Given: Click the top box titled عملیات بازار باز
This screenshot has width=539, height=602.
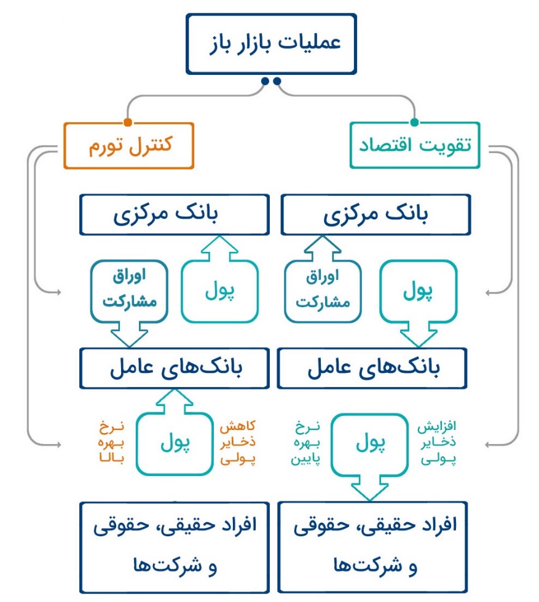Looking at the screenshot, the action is click(x=271, y=44).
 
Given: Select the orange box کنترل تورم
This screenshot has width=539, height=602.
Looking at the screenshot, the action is click(x=128, y=146).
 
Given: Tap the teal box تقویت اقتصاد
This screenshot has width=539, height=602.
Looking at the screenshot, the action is click(x=415, y=145).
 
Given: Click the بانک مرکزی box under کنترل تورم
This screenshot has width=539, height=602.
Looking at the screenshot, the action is click(x=175, y=214).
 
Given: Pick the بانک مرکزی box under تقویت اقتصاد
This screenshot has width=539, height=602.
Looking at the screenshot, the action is click(x=376, y=214).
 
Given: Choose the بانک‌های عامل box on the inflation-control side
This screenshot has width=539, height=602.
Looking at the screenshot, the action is click(x=175, y=368).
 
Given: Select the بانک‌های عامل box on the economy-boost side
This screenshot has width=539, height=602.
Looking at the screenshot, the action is click(x=372, y=368).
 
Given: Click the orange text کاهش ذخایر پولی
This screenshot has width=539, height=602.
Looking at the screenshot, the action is click(x=237, y=442).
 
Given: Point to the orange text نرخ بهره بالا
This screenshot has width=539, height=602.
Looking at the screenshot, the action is click(x=111, y=442).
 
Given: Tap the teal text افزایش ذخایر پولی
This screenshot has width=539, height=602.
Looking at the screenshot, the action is click(x=437, y=442).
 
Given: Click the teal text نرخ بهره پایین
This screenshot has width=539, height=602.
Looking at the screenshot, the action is click(x=305, y=442).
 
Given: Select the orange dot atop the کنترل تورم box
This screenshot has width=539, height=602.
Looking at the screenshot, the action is click(x=128, y=122).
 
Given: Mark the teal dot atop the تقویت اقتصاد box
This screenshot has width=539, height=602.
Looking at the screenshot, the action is click(x=414, y=122).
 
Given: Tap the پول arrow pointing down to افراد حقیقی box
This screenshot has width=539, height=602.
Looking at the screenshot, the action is click(x=369, y=457).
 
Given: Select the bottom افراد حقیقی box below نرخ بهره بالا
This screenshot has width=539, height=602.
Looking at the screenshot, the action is click(x=175, y=547).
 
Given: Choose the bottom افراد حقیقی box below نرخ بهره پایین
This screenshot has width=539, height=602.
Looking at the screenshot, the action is click(x=372, y=547).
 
